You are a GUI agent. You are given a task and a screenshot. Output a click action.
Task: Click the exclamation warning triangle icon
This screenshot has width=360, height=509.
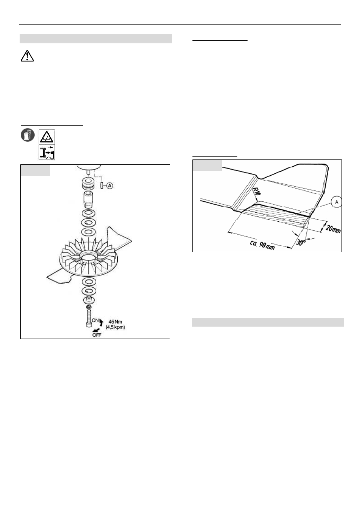(27, 56)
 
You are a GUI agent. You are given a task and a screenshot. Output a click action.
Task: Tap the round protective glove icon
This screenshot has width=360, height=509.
(28, 135)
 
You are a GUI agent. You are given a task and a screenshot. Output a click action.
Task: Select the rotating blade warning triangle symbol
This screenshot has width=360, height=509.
(47, 137)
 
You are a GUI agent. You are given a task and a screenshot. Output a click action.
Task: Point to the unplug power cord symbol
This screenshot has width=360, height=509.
(47, 152)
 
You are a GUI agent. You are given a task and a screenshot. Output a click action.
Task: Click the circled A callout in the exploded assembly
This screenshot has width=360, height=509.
(109, 186)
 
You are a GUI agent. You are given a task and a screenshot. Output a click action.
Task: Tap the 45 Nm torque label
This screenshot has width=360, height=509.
(115, 322)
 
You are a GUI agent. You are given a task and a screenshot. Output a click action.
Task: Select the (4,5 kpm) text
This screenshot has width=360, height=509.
(115, 327)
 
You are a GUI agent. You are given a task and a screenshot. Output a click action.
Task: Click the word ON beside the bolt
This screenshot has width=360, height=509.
(95, 320)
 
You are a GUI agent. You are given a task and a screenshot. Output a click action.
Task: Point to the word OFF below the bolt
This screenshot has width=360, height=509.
(97, 335)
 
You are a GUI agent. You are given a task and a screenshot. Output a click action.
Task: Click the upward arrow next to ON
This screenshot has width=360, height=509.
(102, 322)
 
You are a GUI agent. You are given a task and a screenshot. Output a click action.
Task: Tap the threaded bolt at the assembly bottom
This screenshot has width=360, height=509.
(89, 319)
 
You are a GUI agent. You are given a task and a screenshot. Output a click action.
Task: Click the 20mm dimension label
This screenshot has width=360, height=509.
(333, 228)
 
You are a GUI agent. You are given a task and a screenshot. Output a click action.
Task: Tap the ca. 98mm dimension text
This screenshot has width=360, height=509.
(262, 245)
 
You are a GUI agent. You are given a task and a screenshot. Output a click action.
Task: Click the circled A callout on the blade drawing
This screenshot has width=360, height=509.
(337, 202)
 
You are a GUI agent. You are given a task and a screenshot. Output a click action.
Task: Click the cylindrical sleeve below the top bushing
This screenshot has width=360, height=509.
(89, 199)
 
